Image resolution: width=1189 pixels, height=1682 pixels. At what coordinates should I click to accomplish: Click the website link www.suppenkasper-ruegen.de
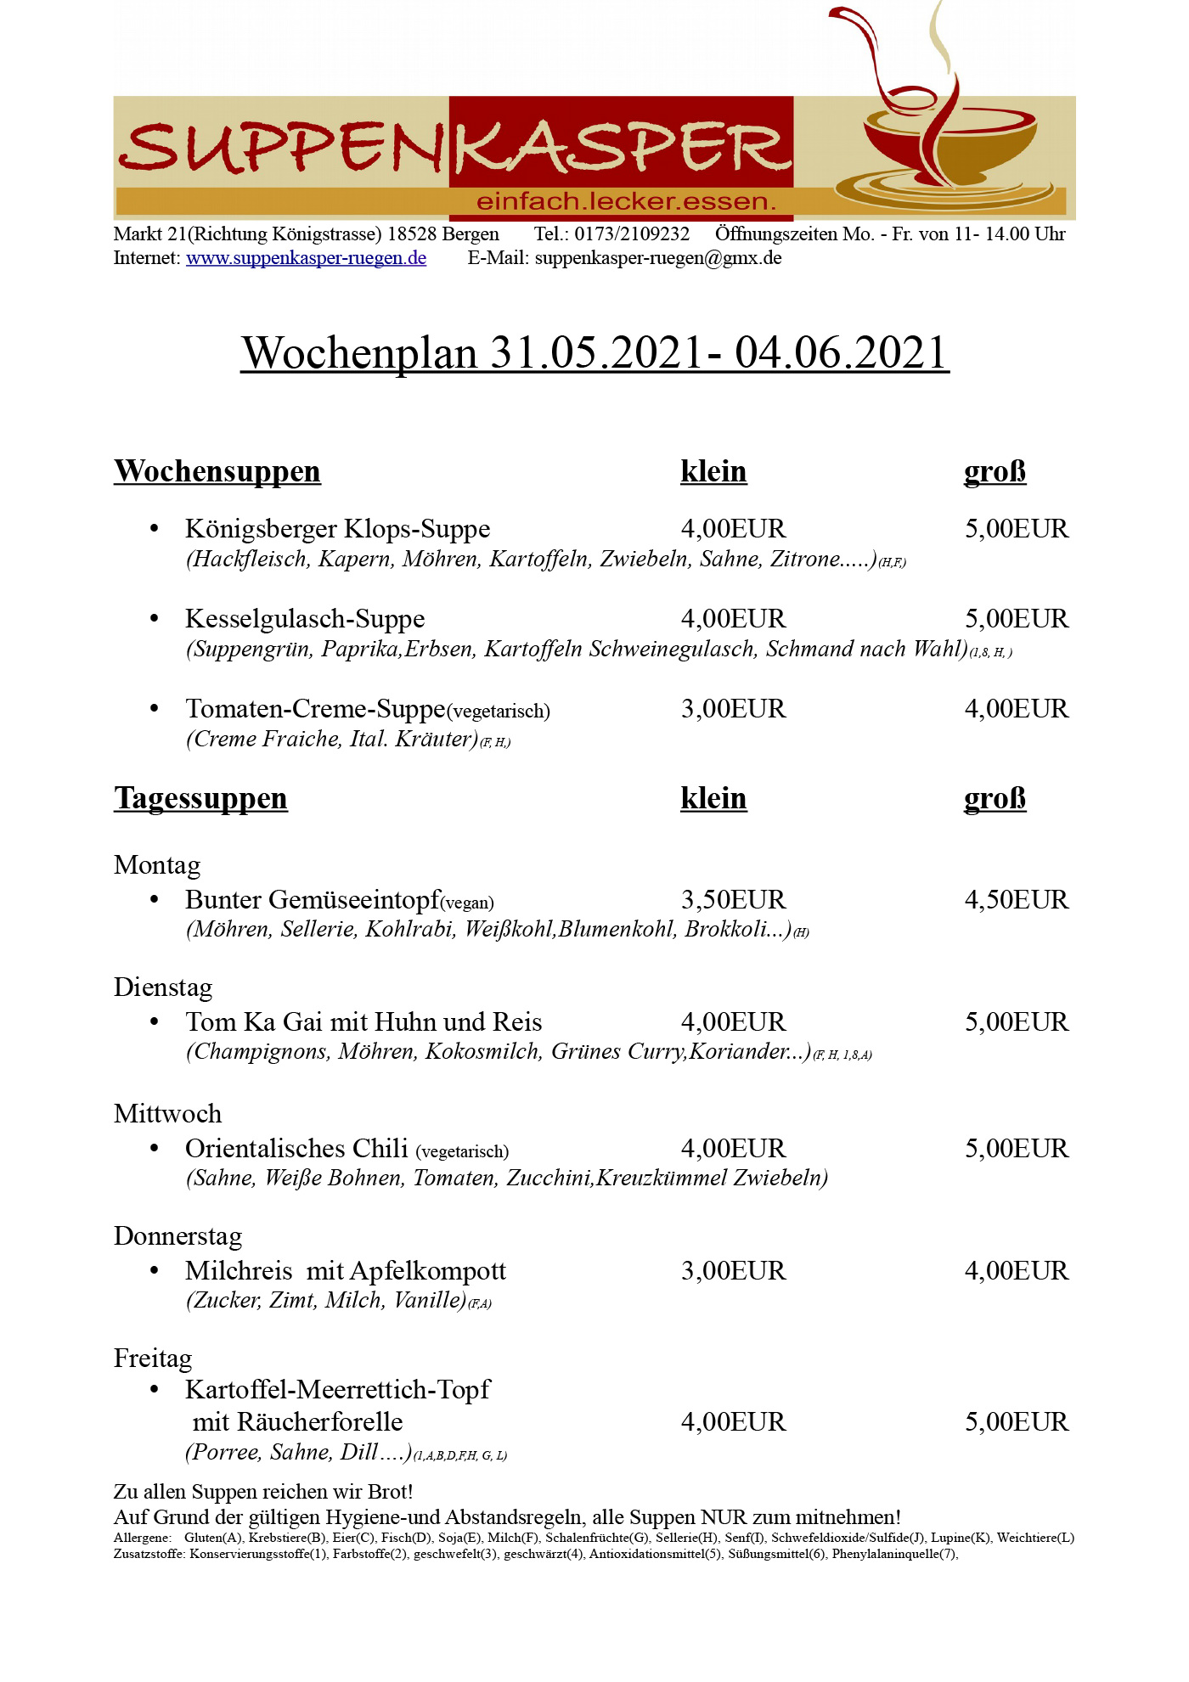pyautogui.click(x=306, y=258)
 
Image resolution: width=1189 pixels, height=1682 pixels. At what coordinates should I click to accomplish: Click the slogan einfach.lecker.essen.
pyautogui.click(x=627, y=202)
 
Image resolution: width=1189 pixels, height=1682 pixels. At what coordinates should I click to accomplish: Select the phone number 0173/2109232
pyautogui.click(x=632, y=234)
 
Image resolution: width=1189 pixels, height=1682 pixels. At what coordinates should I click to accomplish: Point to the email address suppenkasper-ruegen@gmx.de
pyautogui.click(x=658, y=258)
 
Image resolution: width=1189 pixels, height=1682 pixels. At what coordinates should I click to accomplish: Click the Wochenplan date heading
pyautogui.click(x=594, y=353)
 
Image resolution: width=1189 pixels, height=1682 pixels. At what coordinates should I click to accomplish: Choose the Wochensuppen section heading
pyautogui.click(x=217, y=471)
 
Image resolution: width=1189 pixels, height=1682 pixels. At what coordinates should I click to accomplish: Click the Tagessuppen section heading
pyautogui.click(x=201, y=798)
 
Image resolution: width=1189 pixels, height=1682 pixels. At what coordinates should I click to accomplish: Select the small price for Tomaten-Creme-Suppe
pyautogui.click(x=734, y=709)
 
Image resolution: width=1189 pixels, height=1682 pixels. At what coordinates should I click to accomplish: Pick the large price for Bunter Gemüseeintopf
pyautogui.click(x=1017, y=900)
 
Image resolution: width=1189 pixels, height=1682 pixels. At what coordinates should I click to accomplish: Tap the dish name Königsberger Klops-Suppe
pyautogui.click(x=338, y=529)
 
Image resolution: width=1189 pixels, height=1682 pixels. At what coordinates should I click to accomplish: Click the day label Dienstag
pyautogui.click(x=163, y=987)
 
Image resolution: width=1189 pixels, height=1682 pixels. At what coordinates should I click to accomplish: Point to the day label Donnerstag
pyautogui.click(x=178, y=1236)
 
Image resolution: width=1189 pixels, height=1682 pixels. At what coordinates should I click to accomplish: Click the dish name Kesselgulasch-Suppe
pyautogui.click(x=305, y=619)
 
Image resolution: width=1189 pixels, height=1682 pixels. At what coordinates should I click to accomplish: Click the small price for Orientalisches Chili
pyautogui.click(x=734, y=1149)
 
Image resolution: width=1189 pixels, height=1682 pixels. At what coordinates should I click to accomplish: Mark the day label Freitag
pyautogui.click(x=153, y=1359)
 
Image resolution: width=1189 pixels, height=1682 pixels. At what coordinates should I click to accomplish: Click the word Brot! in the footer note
pyautogui.click(x=390, y=1492)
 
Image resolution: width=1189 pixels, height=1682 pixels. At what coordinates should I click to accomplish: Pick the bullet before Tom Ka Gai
pyautogui.click(x=155, y=1021)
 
